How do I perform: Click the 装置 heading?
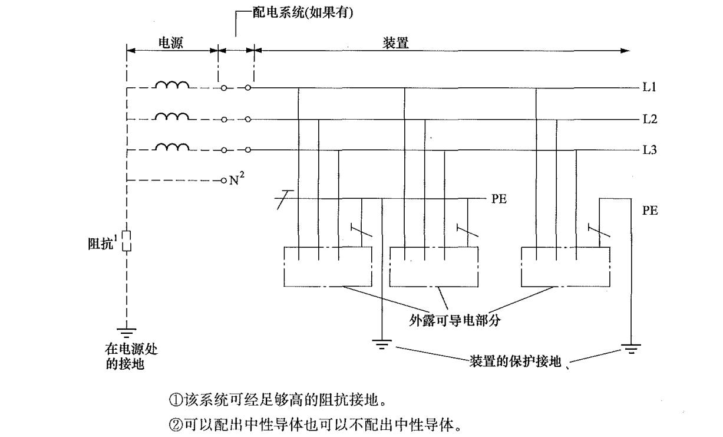coord(395,42)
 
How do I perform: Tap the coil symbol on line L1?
coord(171,86)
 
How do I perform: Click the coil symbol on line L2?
coord(171,116)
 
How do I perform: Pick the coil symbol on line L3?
coord(171,147)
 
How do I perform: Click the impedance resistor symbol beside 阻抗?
coord(126,241)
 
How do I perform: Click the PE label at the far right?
coord(650,211)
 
